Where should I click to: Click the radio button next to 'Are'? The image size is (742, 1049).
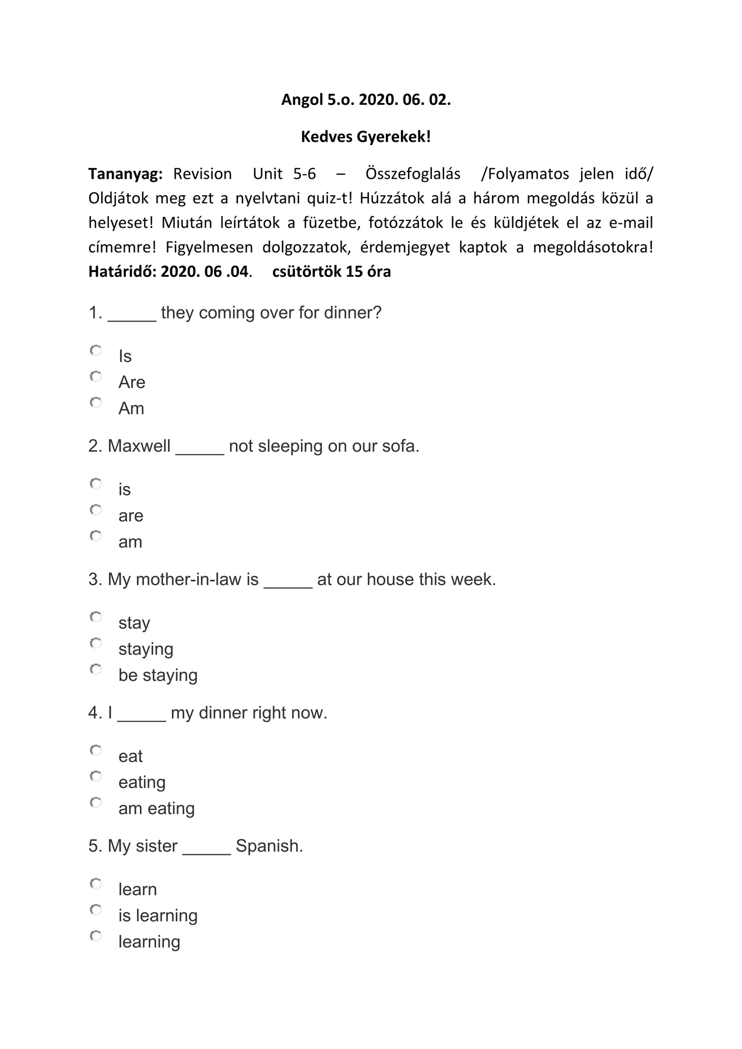96,376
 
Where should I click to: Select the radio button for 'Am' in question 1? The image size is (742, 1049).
96,403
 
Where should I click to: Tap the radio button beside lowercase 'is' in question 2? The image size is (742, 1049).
96,484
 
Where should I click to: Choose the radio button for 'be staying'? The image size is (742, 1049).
96,669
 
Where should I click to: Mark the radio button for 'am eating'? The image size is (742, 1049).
96,802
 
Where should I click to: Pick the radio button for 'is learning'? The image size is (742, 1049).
96,910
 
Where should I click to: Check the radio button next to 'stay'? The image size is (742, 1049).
96,617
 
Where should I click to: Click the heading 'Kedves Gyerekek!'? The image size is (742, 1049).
365,137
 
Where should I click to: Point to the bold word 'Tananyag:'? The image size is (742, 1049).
125,174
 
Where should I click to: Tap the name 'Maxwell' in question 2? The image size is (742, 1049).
139,446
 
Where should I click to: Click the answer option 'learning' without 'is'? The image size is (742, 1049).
149,942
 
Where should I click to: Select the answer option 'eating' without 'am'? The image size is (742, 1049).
142,783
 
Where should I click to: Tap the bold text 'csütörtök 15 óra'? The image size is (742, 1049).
331,272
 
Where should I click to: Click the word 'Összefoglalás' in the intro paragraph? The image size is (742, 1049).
413,174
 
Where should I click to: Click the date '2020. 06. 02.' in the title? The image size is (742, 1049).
405,100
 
